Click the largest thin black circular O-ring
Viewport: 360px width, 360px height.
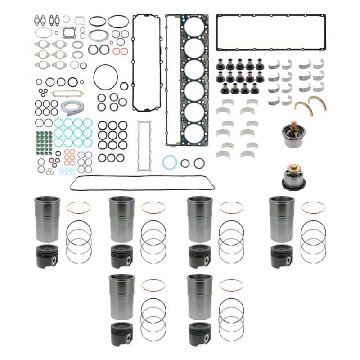tap(105, 77)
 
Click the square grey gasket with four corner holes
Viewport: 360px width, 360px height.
tap(69, 33)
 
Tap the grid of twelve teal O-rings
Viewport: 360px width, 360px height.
tap(73, 133)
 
